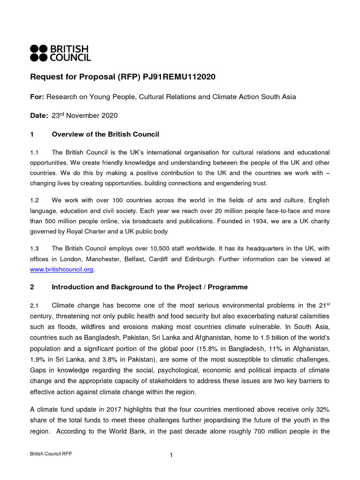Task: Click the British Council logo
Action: (60, 53)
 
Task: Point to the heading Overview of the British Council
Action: (105, 135)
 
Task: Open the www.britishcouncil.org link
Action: (62, 269)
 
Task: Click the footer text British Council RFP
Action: (51, 454)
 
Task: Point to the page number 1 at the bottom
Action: (172, 455)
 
